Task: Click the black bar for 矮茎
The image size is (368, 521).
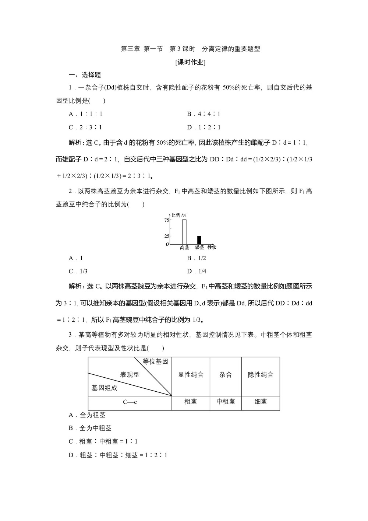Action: [x=199, y=240]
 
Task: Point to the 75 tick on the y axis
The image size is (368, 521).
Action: [x=167, y=220]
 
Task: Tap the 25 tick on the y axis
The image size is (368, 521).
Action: [x=167, y=236]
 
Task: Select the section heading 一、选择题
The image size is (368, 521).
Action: [x=85, y=75]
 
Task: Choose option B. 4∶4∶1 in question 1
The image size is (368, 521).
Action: [x=204, y=114]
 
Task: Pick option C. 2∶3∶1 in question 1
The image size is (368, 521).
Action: [x=85, y=127]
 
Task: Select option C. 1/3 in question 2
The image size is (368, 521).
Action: [x=78, y=271]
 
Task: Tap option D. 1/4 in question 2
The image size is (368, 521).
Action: [x=197, y=271]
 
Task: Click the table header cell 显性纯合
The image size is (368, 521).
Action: [x=191, y=375]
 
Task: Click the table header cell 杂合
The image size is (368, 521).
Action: [x=226, y=375]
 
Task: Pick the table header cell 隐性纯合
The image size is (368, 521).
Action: [x=261, y=375]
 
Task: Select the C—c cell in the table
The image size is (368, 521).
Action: [x=130, y=402]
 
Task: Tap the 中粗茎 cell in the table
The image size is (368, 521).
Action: [x=226, y=402]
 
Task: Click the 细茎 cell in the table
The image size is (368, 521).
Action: [x=261, y=402]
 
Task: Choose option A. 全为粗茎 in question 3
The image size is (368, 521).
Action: [x=87, y=415]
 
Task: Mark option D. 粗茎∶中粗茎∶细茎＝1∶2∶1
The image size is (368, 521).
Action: [x=118, y=455]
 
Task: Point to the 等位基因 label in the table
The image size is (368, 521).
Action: [x=155, y=362]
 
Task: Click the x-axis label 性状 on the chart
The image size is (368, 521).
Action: [x=212, y=247]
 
